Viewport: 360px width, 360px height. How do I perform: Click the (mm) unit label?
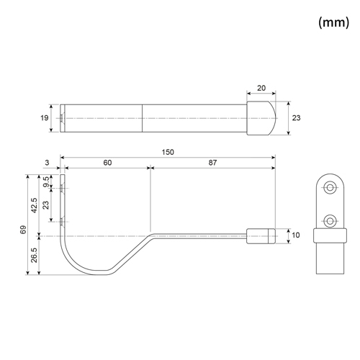[x=334, y=22]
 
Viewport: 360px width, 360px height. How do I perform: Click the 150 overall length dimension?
[x=168, y=152]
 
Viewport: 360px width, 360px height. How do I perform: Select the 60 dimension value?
[x=107, y=163]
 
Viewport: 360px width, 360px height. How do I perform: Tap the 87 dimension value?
[x=212, y=163]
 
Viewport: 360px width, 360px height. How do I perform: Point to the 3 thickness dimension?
[x=47, y=163]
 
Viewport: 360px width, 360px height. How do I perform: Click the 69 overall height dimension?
[x=23, y=230]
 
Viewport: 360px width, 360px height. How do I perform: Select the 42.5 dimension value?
[x=34, y=205]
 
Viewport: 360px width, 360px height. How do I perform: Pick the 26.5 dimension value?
[x=34, y=255]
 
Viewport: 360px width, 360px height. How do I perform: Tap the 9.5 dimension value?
[x=47, y=181]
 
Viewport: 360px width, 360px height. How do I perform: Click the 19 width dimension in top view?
[x=45, y=118]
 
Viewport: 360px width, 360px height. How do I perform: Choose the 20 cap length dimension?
[x=261, y=88]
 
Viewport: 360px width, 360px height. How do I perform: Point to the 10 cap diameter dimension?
[x=296, y=235]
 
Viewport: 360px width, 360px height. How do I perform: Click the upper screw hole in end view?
[x=330, y=187]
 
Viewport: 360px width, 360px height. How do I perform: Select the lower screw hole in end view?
[x=330, y=221]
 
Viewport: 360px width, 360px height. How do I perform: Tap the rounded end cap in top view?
[x=261, y=118]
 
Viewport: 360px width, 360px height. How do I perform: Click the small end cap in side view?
[x=261, y=236]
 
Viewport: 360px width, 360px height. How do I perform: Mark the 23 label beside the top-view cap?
[x=296, y=118]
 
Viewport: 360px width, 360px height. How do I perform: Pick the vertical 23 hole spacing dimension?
[x=45, y=205]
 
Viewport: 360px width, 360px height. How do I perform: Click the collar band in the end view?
[x=330, y=235]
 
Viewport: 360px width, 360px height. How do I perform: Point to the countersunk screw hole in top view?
[x=63, y=118]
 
